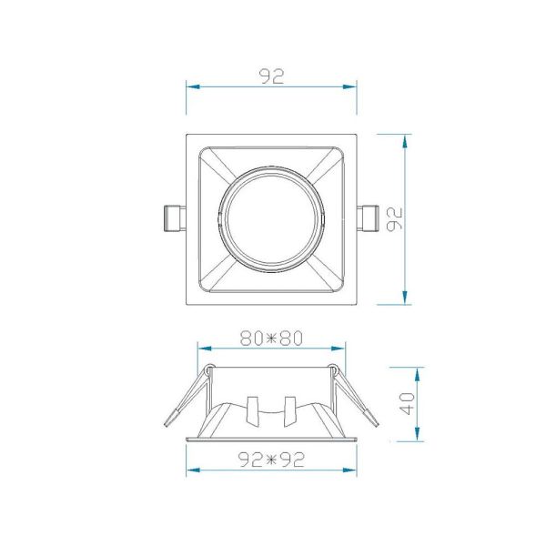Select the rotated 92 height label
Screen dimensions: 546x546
pyautogui.click(x=393, y=219)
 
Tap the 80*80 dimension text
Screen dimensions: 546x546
pyautogui.click(x=271, y=338)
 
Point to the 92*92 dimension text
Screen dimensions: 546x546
pyautogui.click(x=271, y=460)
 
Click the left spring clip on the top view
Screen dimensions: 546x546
pyautogui.click(x=172, y=219)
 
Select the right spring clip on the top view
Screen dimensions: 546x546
pyautogui.click(x=370, y=219)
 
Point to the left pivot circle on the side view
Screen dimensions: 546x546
pyautogui.click(x=210, y=370)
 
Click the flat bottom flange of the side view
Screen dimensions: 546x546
pyautogui.click(x=271, y=440)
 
